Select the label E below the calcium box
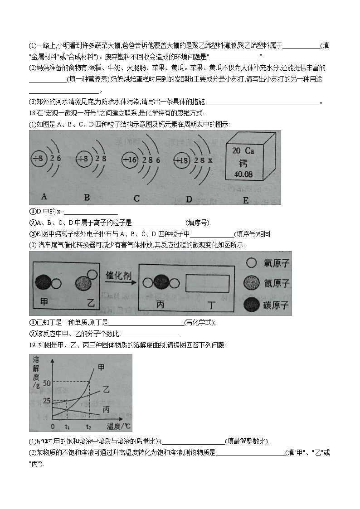(x=245, y=200)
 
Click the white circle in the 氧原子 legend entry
(x=251, y=262)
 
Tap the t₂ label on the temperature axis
(x=88, y=427)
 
